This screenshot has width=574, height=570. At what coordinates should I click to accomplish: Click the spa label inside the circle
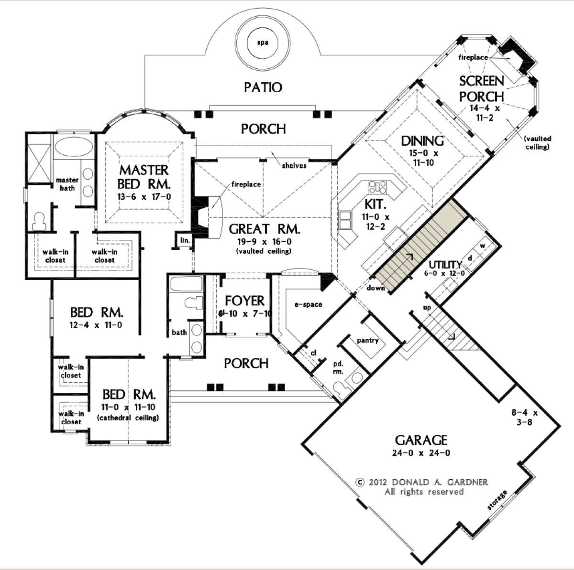click(x=263, y=43)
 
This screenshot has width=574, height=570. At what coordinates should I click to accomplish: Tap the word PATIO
click(x=263, y=87)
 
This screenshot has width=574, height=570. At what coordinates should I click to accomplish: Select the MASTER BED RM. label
click(x=144, y=177)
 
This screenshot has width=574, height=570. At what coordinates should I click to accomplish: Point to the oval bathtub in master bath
click(x=73, y=147)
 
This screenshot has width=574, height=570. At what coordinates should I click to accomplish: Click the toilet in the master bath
click(x=40, y=221)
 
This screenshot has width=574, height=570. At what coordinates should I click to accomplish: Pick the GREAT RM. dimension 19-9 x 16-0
click(x=264, y=241)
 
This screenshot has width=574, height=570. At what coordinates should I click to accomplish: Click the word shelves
click(x=294, y=165)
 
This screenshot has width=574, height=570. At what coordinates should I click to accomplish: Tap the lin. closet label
click(x=185, y=240)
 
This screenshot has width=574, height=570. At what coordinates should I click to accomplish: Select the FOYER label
click(x=244, y=301)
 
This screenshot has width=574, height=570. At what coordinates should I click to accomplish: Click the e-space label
click(x=309, y=304)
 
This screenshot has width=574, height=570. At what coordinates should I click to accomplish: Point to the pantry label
click(x=367, y=340)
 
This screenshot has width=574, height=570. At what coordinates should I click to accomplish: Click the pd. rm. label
click(x=338, y=367)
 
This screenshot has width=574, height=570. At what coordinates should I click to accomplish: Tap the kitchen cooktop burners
click(x=378, y=187)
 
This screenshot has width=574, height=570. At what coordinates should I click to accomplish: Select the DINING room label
click(x=422, y=141)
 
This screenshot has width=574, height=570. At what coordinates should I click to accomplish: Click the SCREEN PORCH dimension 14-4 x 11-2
click(x=485, y=113)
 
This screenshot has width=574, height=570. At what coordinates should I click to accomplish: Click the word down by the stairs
click(x=375, y=288)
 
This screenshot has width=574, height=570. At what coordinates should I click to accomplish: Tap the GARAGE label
click(x=421, y=440)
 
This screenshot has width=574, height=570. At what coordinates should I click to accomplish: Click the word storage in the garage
click(x=497, y=500)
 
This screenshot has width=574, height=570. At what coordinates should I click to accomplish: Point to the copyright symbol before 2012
click(x=361, y=482)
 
